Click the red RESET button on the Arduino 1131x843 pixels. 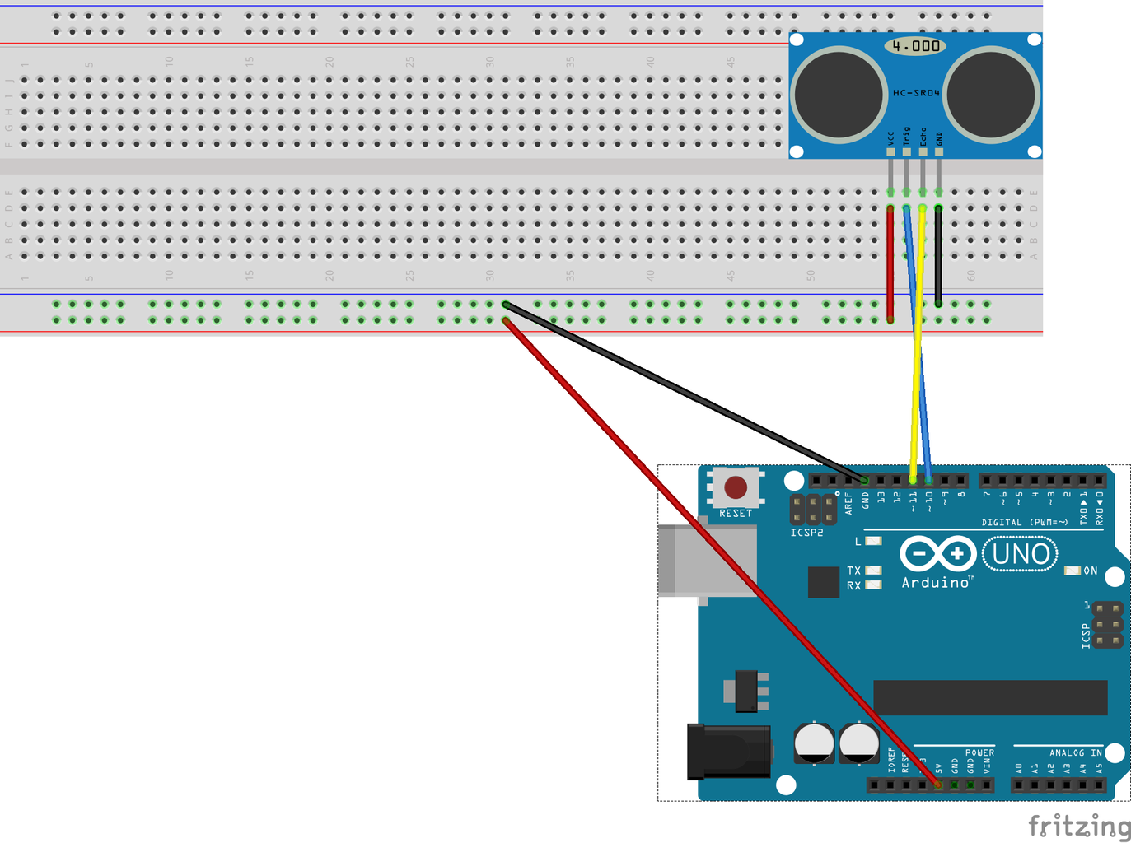coord(736,487)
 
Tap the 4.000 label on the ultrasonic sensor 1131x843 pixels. coord(915,46)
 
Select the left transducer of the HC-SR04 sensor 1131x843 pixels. coord(839,93)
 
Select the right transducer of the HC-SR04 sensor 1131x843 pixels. coord(992,93)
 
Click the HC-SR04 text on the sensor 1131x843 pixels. coord(916,93)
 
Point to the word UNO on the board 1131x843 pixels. coord(1021,554)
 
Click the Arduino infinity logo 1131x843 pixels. coord(937,554)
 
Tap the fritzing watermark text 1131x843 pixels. coord(1079,826)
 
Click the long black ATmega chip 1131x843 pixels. coord(990,697)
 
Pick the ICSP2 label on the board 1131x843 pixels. coord(806,533)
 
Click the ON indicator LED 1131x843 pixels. coord(1073,571)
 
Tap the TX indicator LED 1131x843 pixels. coord(873,570)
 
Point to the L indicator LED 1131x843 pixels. coord(873,541)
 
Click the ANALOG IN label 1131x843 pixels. coord(1075,752)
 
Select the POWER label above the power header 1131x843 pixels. coord(979,752)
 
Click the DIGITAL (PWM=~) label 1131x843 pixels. coord(1024,522)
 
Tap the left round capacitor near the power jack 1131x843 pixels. coord(814,743)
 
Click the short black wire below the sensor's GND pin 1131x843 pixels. coord(938,255)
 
